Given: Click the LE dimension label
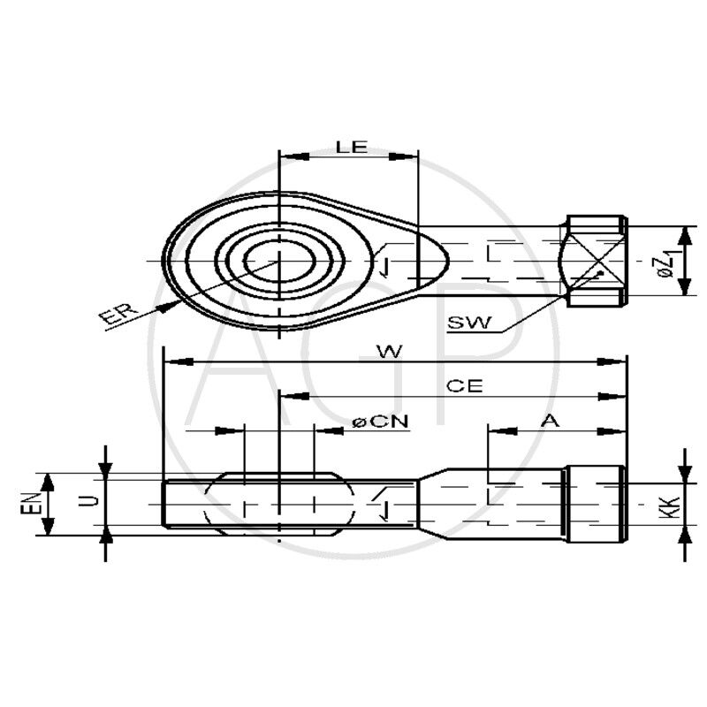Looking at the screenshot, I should [352, 147].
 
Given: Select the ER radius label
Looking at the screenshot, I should [117, 315].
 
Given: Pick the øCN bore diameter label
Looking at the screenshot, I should [380, 422].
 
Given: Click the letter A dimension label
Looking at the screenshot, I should [550, 422].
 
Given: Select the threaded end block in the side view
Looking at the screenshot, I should [595, 504].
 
